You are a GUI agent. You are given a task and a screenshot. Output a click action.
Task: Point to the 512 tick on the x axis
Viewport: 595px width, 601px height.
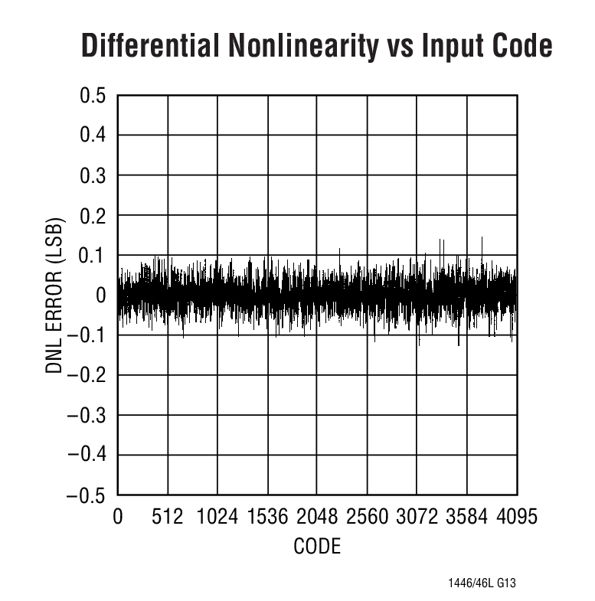coord(168,517)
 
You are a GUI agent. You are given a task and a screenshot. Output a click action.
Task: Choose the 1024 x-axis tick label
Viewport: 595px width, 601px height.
coord(217,517)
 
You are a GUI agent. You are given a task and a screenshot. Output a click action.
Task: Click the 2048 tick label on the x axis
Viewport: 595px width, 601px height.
coord(317,517)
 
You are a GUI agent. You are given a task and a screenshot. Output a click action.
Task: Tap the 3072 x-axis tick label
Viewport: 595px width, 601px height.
coord(417,517)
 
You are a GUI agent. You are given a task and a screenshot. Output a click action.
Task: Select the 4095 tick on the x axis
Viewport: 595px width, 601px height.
coord(516,517)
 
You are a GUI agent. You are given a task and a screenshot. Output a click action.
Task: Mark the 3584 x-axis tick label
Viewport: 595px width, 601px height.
coord(467,517)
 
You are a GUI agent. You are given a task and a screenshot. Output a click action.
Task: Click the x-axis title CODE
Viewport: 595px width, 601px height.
coord(317,547)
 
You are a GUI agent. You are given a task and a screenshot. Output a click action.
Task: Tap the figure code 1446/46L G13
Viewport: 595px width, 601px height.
coord(482,583)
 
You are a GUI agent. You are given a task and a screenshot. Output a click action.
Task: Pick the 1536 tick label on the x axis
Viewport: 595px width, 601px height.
coord(267,517)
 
